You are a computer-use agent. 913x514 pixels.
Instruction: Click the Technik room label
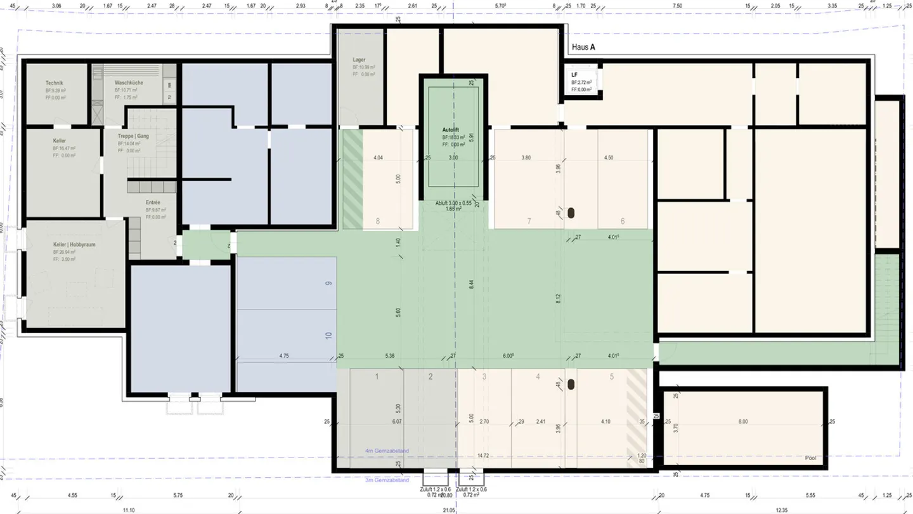(55, 83)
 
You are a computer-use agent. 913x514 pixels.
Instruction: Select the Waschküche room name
(129, 83)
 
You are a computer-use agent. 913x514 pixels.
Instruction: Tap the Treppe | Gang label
(133, 136)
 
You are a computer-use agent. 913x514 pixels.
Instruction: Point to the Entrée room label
(153, 202)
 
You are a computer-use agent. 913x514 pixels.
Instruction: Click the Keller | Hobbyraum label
(74, 244)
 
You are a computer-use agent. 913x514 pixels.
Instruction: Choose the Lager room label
(359, 60)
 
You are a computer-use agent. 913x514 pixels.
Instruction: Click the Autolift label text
(453, 129)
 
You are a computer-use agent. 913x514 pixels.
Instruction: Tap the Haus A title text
(583, 47)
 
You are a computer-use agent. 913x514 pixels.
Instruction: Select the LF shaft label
(574, 75)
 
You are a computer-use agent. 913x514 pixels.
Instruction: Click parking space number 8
(378, 221)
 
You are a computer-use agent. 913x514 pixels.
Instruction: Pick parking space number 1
(377, 376)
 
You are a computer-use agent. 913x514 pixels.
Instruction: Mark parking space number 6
(623, 221)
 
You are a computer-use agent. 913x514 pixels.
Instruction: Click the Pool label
(810, 458)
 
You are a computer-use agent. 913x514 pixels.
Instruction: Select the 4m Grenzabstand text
(387, 451)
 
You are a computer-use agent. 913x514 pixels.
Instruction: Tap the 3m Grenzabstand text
(387, 480)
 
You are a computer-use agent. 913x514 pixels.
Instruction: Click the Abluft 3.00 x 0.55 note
(453, 203)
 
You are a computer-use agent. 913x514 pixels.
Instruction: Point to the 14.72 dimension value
(483, 456)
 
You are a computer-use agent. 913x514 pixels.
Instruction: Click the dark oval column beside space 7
(571, 214)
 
